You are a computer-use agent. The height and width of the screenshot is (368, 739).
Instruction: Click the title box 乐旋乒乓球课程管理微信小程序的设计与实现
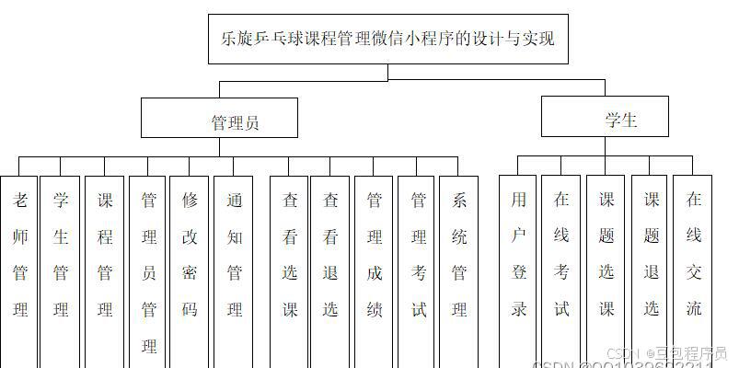pyautogui.click(x=387, y=40)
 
